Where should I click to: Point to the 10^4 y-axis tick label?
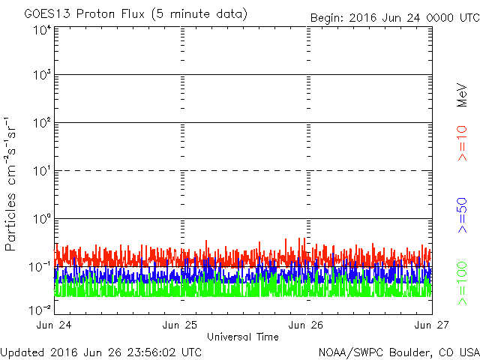(x=41, y=30)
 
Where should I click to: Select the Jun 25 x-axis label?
(x=181, y=325)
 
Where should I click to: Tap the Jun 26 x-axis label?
(x=306, y=325)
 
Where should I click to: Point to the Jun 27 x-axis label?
(x=430, y=325)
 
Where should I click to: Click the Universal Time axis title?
(x=243, y=337)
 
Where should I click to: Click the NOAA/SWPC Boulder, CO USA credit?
(x=398, y=351)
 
